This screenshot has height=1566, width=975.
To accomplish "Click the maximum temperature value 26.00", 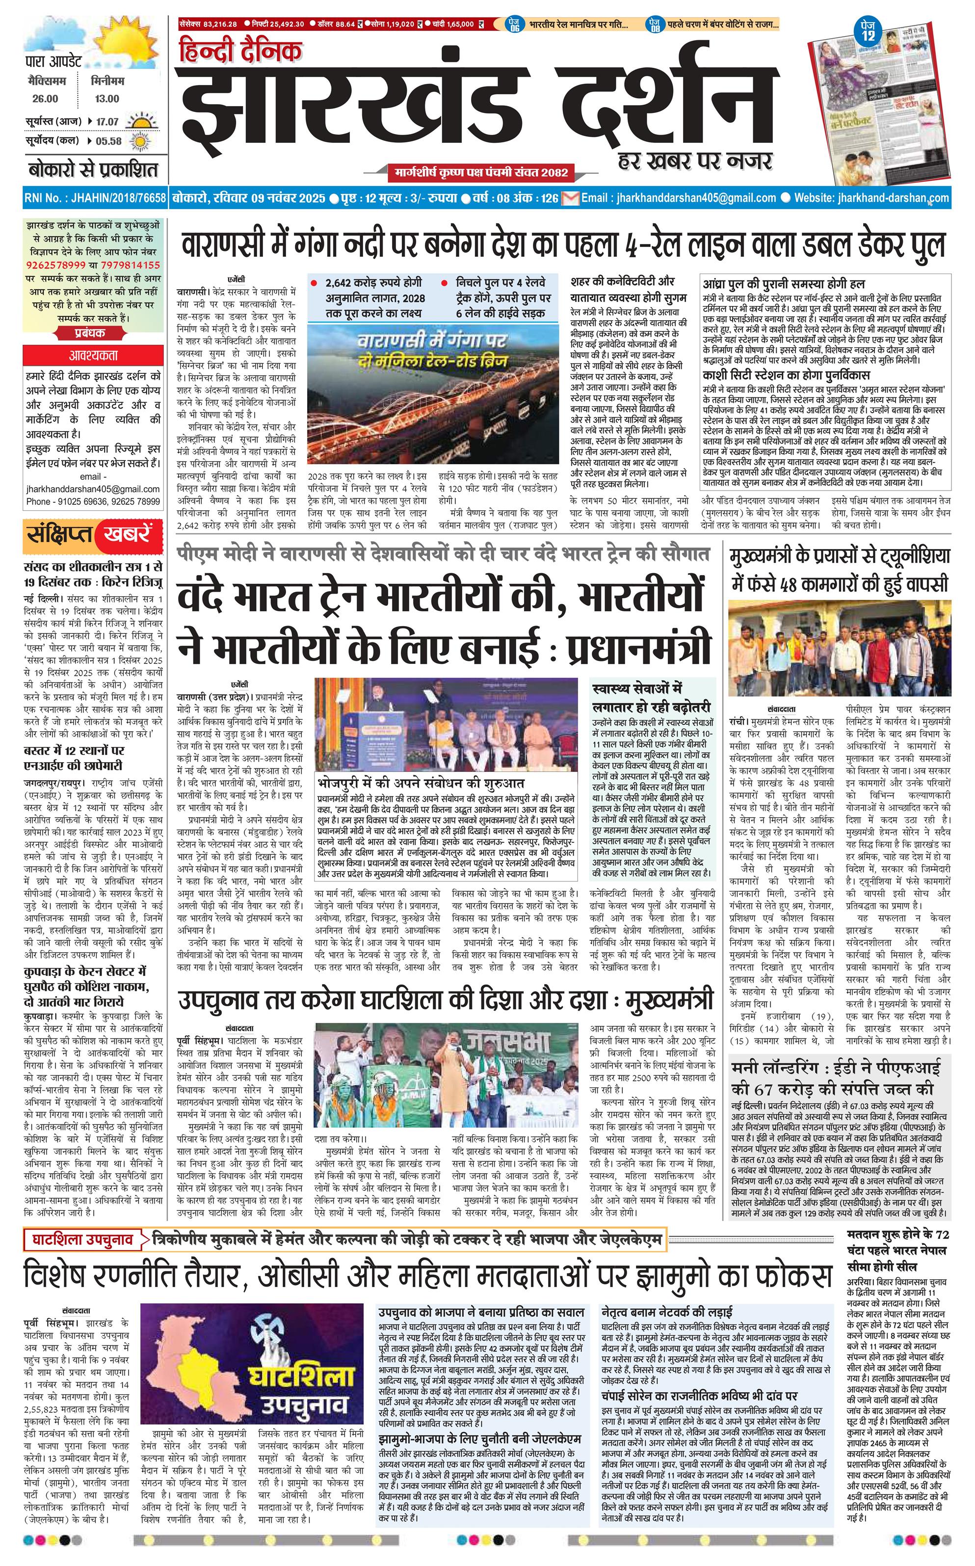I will [x=45, y=99].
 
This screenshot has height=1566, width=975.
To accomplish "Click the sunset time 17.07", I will [x=107, y=121].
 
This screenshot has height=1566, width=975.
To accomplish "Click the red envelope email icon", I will [x=570, y=198].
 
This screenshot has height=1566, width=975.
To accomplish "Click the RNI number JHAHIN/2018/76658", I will [x=94, y=198].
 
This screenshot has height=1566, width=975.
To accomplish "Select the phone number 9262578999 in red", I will [x=56, y=265].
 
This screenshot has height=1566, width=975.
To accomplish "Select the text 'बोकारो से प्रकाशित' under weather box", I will [x=93, y=170].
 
